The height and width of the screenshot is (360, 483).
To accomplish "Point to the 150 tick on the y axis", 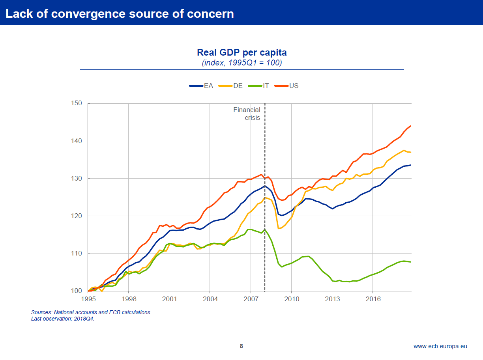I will pyautogui.click(x=76, y=103).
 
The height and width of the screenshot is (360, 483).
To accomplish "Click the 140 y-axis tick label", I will pyautogui.click(x=76, y=141).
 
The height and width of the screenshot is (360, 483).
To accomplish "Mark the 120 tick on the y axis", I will pyautogui.click(x=76, y=216).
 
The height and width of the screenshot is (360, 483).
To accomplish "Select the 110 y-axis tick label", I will pyautogui.click(x=76, y=253).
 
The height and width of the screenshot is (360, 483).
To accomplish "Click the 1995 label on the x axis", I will pyautogui.click(x=88, y=299).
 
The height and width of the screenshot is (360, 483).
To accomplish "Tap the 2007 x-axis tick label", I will pyautogui.click(x=251, y=299).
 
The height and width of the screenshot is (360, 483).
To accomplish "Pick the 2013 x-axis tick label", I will pyautogui.click(x=332, y=299).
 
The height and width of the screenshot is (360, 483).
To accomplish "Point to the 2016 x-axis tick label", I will pyautogui.click(x=373, y=299).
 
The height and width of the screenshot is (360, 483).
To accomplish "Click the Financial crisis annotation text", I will pyautogui.click(x=247, y=114).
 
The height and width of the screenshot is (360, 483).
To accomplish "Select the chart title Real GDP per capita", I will pyautogui.click(x=241, y=52).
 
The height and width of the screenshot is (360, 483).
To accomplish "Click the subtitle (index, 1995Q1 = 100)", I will pyautogui.click(x=241, y=63).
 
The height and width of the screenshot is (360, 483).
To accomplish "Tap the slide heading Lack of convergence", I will pyautogui.click(x=120, y=13).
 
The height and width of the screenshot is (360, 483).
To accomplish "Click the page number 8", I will pyautogui.click(x=241, y=346).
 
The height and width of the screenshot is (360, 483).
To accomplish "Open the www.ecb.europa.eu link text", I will pyautogui.click(x=440, y=346).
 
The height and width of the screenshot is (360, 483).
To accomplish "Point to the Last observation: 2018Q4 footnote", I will pyautogui.click(x=63, y=319).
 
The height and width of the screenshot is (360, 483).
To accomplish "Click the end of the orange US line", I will pyautogui.click(x=411, y=126).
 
